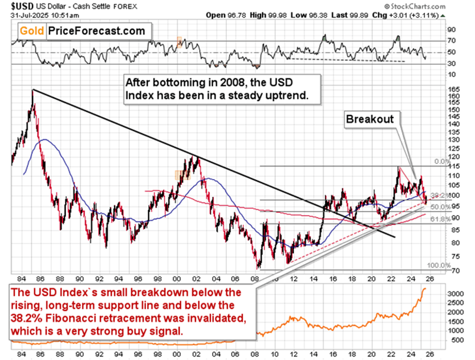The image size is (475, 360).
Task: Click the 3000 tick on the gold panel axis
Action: (455, 293)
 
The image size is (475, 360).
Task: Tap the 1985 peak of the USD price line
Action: (33, 90)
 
